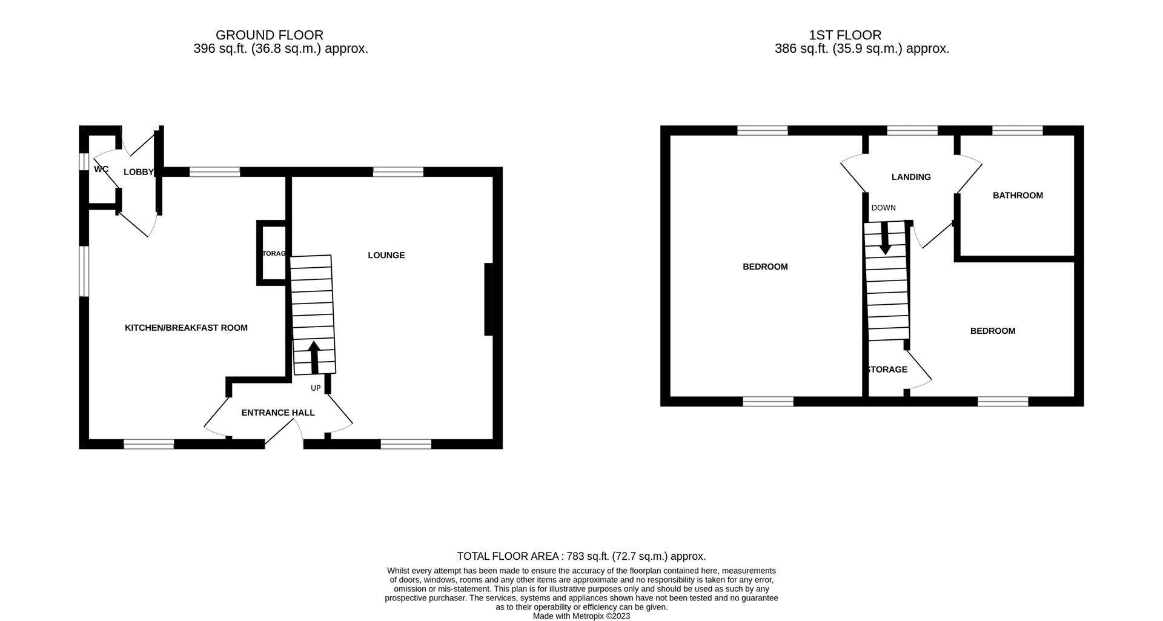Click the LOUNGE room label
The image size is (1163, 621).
tap(386, 255)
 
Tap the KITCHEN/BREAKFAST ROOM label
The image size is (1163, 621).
tap(186, 328)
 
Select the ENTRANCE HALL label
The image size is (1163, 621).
tap(277, 413)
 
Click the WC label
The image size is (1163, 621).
tap(101, 169)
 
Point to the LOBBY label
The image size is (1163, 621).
tap(138, 172)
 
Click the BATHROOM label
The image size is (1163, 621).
tap(1018, 195)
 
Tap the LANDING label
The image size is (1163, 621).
tap(911, 177)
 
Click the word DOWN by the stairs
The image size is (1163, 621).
tap(883, 208)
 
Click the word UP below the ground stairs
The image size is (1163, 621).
tap(316, 388)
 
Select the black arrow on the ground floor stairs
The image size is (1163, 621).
tap(314, 357)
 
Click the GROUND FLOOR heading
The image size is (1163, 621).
tap(269, 35)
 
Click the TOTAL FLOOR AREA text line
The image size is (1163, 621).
tap(581, 556)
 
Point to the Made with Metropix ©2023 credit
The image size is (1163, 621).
tap(581, 616)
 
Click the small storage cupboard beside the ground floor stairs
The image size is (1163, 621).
tap(272, 253)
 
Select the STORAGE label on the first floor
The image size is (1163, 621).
tap(887, 370)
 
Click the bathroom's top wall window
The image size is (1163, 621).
tap(1017, 130)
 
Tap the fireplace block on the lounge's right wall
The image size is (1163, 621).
tap(488, 299)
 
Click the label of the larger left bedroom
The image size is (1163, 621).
tap(765, 267)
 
